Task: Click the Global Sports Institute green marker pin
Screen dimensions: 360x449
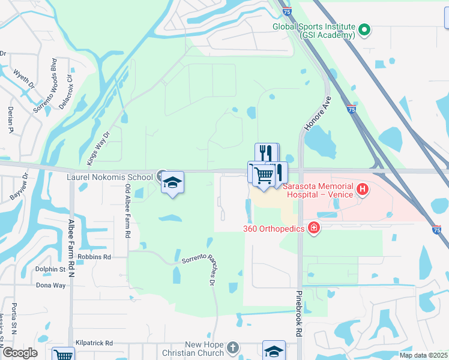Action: click(x=364, y=29)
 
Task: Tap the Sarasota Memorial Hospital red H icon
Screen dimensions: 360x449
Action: click(x=363, y=190)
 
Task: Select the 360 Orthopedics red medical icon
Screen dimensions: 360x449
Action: click(x=313, y=227)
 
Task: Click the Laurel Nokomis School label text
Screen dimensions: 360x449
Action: click(x=109, y=177)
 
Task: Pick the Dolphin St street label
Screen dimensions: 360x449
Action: click(x=50, y=269)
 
